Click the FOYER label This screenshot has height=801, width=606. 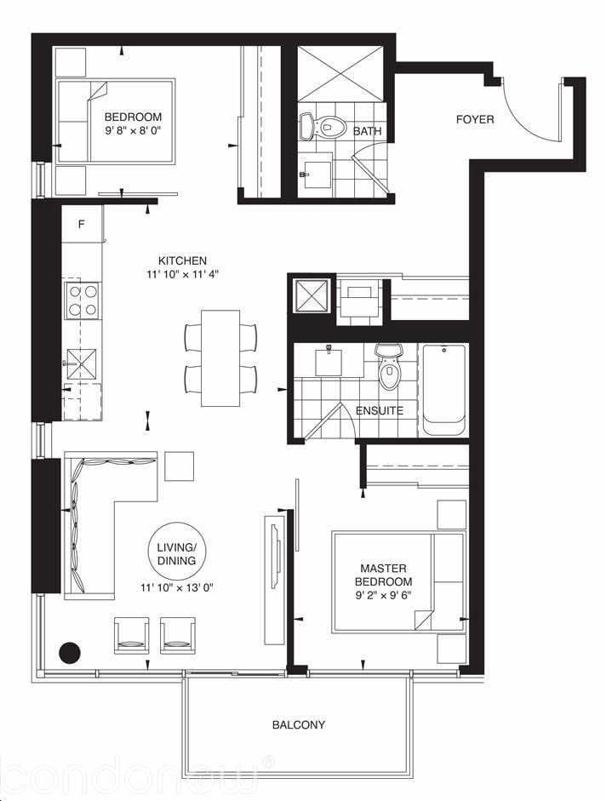[475, 119]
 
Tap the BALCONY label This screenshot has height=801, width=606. [299, 724]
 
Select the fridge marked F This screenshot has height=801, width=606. [82, 224]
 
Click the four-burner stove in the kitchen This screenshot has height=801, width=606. [83, 300]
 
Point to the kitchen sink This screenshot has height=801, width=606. [81, 364]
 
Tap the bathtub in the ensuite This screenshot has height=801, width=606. [443, 390]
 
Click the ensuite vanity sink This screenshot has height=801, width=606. [329, 359]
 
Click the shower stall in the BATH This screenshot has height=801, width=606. [340, 74]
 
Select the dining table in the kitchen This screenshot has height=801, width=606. [220, 358]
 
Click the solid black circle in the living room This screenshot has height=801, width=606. [70, 652]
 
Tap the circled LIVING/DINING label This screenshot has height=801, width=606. [177, 554]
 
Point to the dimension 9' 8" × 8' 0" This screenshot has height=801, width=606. [133, 130]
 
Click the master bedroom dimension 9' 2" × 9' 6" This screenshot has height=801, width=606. [383, 595]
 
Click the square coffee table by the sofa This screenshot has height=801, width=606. [180, 466]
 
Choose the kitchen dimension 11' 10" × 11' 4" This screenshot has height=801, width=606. [182, 274]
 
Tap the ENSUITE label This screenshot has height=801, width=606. [380, 411]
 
